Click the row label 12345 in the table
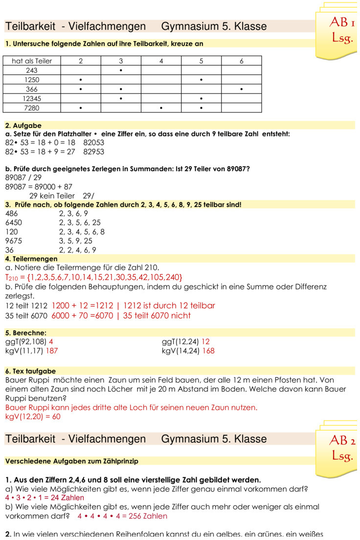point(32,98)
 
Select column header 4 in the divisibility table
point(161,61)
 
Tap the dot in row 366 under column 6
point(242,89)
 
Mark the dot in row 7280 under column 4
point(161,108)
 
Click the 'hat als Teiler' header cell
point(32,61)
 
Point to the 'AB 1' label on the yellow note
point(342,22)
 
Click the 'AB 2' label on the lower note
point(342,441)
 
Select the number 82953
point(94,152)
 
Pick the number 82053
point(94,143)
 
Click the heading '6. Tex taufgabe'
point(31,371)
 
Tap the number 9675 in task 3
point(14,241)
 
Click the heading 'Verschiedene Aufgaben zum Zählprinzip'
point(72,461)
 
